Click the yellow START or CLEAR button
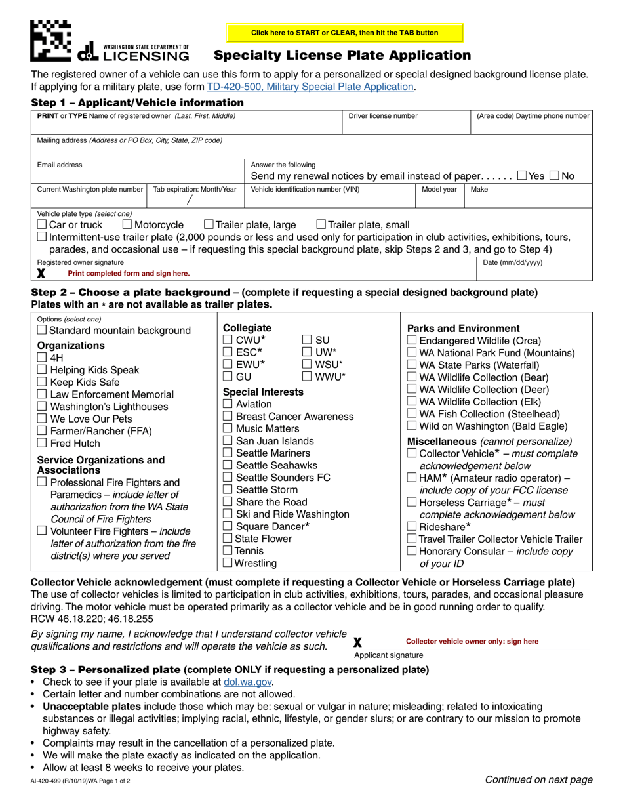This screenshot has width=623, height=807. point(344,33)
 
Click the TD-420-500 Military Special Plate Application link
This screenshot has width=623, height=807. point(310,87)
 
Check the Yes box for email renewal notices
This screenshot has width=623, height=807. point(521,176)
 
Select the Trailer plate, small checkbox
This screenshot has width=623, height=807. point(321,225)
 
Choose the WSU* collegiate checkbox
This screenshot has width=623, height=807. point(307,364)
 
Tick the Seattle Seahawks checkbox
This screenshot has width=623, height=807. point(228,465)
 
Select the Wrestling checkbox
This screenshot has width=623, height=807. point(228,562)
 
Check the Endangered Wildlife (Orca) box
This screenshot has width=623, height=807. point(412,341)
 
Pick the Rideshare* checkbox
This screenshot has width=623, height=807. point(412,526)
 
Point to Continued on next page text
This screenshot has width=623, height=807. point(538,779)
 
